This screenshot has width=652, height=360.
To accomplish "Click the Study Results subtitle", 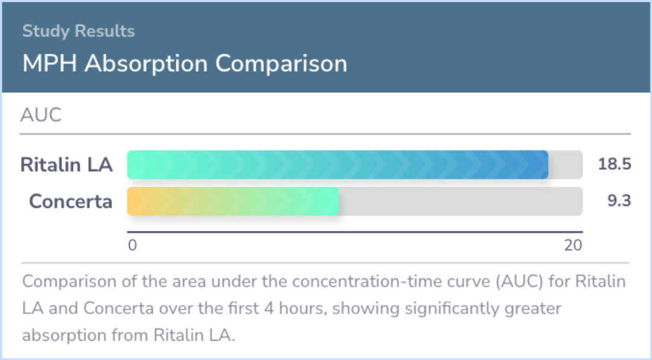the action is (x=78, y=31).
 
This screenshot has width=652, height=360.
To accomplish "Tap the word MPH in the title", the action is (x=50, y=63).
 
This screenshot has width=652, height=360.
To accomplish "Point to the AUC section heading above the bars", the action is (x=41, y=115).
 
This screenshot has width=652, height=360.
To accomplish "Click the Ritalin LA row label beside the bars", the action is (x=66, y=164).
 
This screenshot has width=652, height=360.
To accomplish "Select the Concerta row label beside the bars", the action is (x=71, y=201).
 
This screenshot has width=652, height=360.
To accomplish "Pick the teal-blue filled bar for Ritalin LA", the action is (x=337, y=165).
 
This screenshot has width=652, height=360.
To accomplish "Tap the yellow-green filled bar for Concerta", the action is (x=233, y=201).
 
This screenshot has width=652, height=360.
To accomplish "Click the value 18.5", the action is (x=615, y=164).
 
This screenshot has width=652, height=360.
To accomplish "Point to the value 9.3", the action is (x=619, y=201).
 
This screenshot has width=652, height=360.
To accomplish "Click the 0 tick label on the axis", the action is (x=132, y=246).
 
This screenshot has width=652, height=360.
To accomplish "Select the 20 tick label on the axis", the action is (x=573, y=246).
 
